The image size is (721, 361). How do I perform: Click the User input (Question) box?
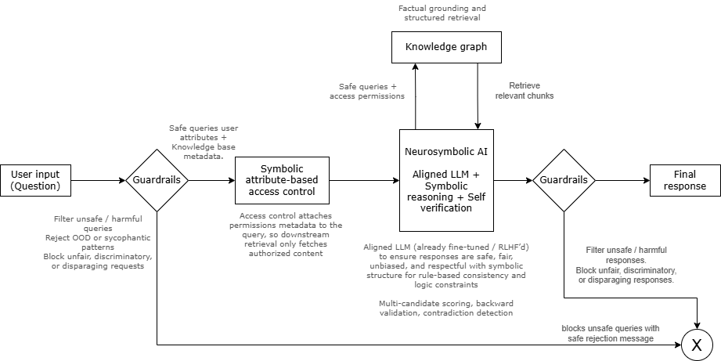pyautogui.click(x=35, y=180)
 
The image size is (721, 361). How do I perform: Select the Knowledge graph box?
pyautogui.click(x=446, y=47)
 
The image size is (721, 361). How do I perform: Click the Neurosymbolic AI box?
pyautogui.click(x=446, y=180)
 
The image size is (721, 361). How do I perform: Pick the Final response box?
pyautogui.click(x=685, y=180)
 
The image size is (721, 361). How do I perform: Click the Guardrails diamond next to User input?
pyautogui.click(x=157, y=180)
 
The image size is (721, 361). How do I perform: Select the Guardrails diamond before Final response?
pyautogui.click(x=564, y=180)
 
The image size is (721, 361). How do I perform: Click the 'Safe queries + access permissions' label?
pyautogui.click(x=372, y=91)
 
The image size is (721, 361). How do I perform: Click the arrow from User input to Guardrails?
pyautogui.click(x=98, y=180)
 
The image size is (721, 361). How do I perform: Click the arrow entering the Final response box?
pyautogui.click(x=622, y=180)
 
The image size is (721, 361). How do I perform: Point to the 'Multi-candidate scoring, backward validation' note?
pyautogui.click(x=446, y=308)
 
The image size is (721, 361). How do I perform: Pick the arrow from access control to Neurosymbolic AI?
pyautogui.click(x=365, y=180)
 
